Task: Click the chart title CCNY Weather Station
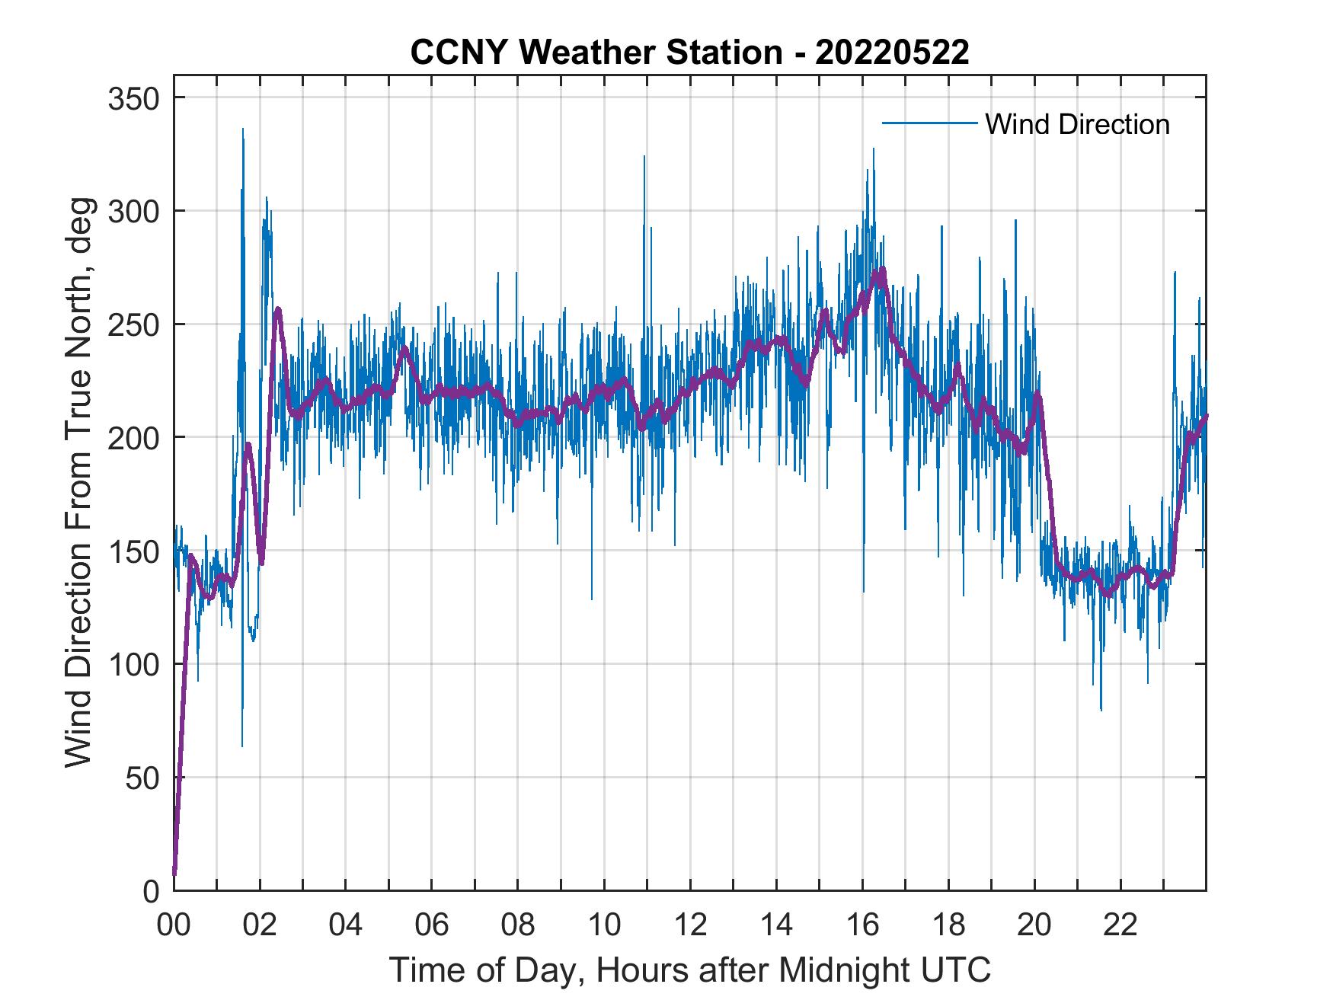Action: [x=689, y=53]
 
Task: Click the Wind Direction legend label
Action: [x=1077, y=124]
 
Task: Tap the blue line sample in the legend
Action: [x=929, y=123]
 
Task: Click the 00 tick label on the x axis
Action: [x=174, y=925]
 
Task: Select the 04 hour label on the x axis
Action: [x=346, y=925]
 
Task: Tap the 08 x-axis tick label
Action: [x=518, y=925]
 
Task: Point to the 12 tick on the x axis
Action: [x=690, y=925]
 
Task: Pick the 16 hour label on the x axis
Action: [x=862, y=925]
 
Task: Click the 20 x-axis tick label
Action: [x=1034, y=925]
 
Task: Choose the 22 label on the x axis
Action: [x=1120, y=925]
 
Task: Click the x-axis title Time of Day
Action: [x=689, y=970]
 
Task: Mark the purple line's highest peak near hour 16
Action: [x=882, y=270]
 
